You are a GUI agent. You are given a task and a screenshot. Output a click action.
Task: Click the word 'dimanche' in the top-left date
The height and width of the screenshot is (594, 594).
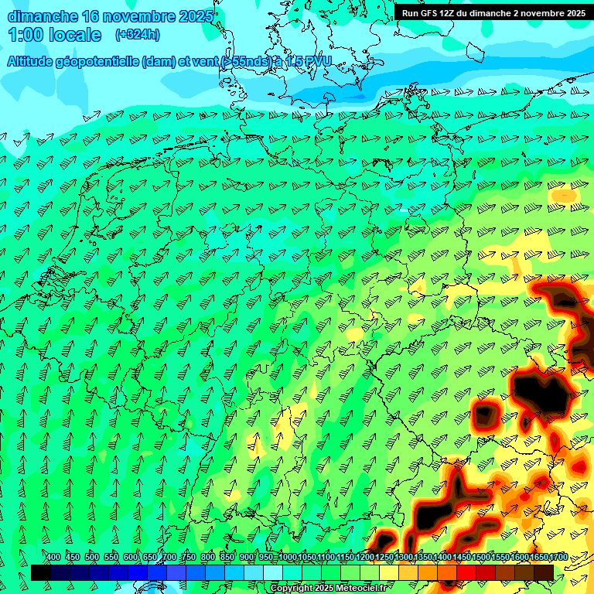tap(43, 16)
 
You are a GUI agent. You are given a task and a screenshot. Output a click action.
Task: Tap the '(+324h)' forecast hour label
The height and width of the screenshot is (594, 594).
tap(137, 35)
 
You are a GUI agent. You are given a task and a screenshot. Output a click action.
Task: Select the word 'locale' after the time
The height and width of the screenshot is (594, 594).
tap(75, 35)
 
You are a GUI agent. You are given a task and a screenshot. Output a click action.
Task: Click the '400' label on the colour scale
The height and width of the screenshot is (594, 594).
tap(53, 558)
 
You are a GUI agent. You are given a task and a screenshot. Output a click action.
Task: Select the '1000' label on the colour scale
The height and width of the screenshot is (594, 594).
tap(287, 558)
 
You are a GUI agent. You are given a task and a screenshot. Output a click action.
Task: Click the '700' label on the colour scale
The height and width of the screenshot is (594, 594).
tap(169, 558)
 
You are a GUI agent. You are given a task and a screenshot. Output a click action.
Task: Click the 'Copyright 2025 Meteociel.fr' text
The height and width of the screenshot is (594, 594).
tap(328, 589)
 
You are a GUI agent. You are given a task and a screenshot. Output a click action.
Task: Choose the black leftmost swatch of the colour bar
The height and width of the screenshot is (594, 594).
tap(41, 572)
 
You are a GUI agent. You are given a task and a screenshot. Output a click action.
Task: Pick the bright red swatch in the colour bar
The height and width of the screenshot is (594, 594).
tap(466, 572)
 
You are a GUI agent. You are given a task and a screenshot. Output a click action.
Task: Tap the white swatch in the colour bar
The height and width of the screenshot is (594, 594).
tap(273, 572)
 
